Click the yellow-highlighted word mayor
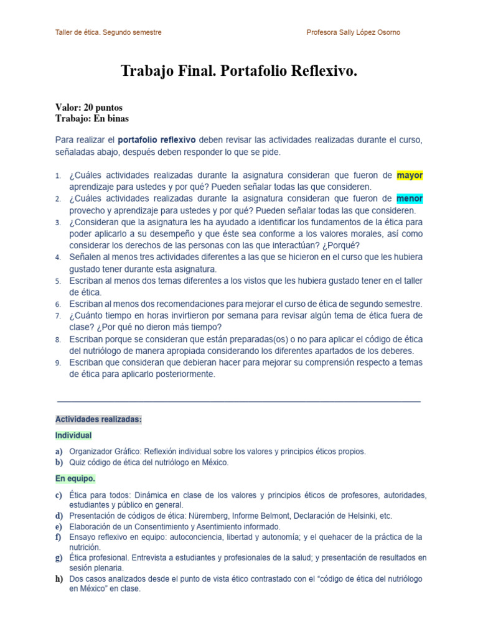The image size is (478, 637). (410, 175)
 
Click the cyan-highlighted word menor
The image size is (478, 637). (410, 199)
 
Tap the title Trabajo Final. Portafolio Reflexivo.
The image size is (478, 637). (239, 72)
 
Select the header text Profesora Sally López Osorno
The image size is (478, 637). (354, 32)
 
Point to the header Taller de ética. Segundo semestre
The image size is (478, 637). (108, 32)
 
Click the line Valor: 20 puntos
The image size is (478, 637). (89, 108)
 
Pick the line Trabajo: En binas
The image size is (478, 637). (92, 118)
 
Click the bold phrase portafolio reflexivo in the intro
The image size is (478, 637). (157, 140)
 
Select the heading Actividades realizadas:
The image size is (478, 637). (98, 420)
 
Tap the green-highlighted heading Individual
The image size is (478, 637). (73, 435)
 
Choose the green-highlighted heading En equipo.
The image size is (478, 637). (75, 478)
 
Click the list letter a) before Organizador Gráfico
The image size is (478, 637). (59, 452)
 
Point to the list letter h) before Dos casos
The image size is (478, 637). (59, 579)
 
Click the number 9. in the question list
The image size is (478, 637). (58, 363)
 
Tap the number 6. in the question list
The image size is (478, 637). (58, 304)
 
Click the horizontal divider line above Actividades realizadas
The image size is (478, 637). (238, 402)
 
